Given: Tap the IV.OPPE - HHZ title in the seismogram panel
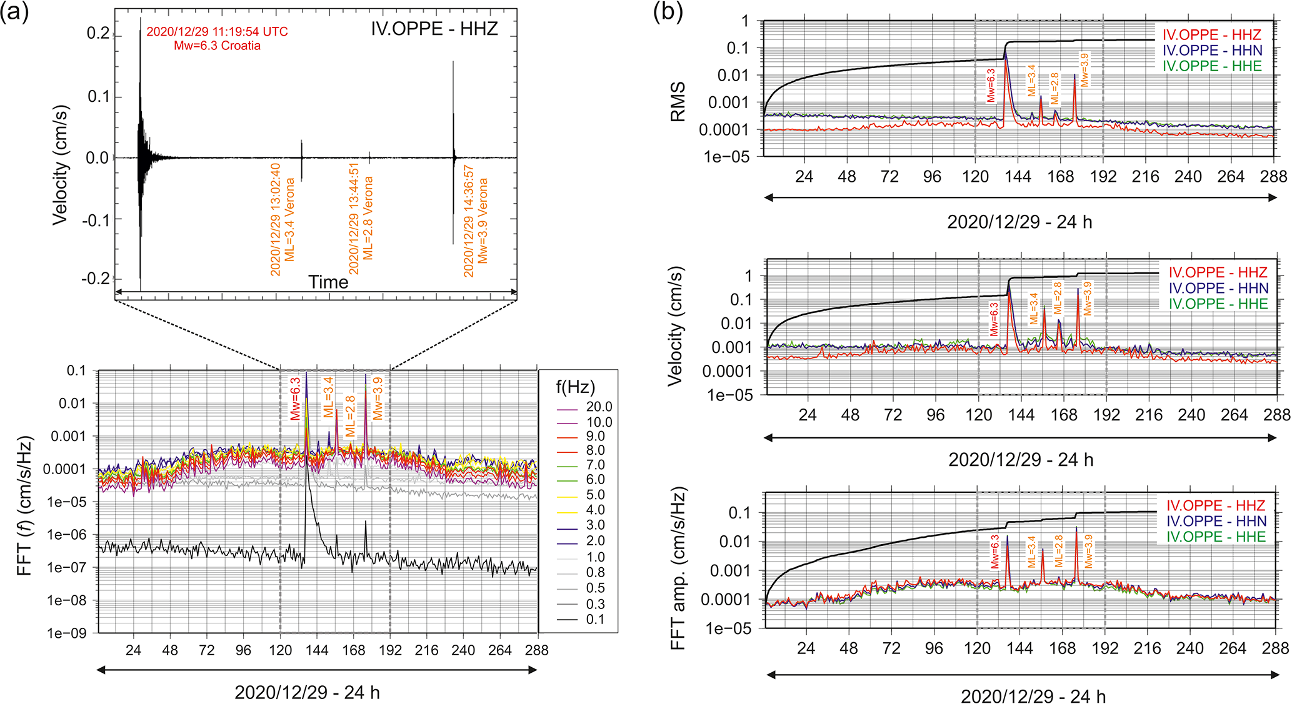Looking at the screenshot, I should pos(434,29).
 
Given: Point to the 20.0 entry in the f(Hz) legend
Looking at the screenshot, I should pos(599,407).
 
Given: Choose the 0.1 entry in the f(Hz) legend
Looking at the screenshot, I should pos(595,619).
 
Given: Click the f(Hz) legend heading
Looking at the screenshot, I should pos(575,387).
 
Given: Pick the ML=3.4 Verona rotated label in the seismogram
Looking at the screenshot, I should pos(283,219).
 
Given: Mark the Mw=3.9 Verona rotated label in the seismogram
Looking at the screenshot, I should pos(476,222).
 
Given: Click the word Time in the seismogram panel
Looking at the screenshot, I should pos(328,282).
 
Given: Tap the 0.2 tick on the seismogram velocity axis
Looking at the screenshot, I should pos(98,33).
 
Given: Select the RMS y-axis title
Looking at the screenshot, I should pos(678,101).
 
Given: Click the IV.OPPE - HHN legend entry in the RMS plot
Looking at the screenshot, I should pos(1212,51).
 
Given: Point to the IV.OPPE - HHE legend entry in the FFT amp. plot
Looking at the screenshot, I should pos(1216,537).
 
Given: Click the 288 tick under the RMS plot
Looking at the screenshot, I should pos(1274,177).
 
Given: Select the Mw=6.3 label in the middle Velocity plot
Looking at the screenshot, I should pos(994,319).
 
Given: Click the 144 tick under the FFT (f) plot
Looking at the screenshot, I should pos(317,650).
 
